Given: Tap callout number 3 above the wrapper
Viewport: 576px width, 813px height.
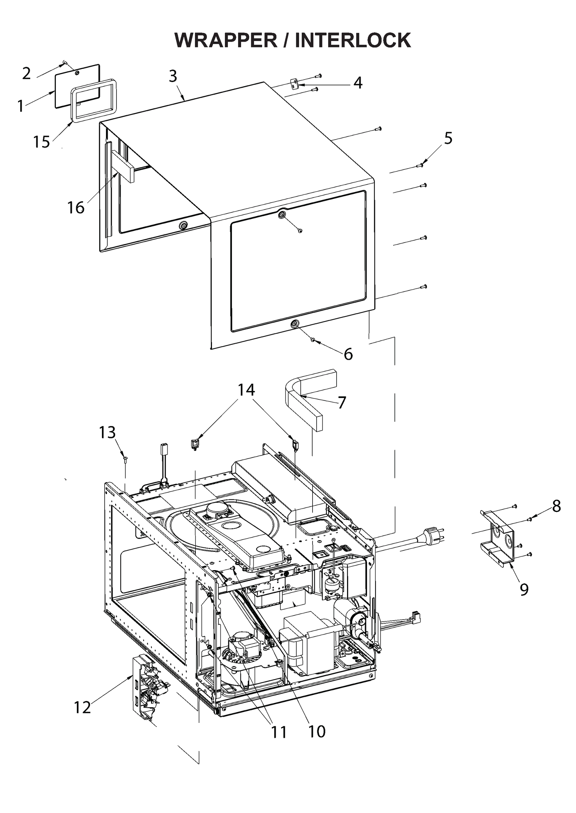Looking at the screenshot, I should (173, 76).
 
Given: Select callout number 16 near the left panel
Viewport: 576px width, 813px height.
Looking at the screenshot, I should (76, 208).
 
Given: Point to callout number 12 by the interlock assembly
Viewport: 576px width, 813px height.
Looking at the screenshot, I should (82, 707).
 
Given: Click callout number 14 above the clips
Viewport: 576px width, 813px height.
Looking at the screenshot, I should (246, 390).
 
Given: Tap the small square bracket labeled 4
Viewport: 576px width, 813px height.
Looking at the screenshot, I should (294, 84).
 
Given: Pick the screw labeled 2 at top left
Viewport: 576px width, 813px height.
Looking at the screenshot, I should (64, 63).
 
